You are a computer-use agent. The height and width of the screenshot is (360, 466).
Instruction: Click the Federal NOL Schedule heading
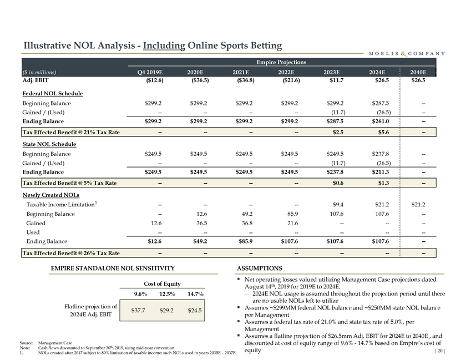point(52,93)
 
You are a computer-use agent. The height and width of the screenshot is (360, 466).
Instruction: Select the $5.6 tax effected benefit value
point(383,132)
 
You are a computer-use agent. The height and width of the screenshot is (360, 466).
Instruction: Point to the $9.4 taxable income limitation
point(337,205)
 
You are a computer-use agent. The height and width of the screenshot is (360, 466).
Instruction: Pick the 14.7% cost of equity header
point(194,293)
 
